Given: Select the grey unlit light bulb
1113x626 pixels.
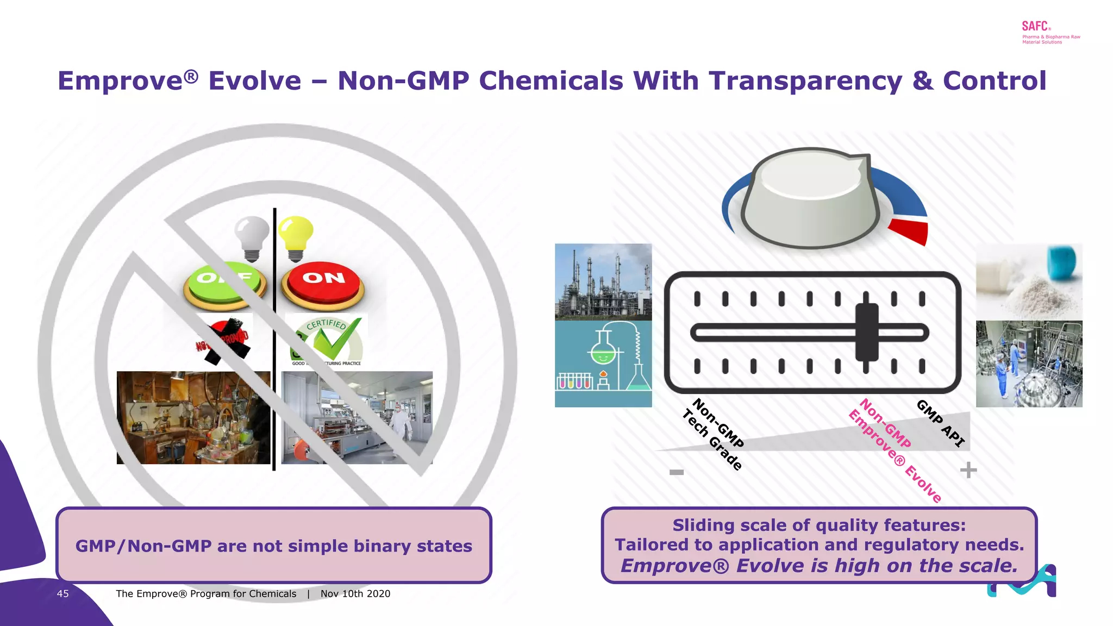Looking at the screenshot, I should coord(252,236).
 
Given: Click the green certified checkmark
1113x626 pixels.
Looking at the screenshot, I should coord(333,340).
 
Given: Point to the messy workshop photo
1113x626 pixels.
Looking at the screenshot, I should coord(193,417).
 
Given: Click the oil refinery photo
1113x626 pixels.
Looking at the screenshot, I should coord(603,281).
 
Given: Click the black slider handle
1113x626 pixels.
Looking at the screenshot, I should coord(866,332).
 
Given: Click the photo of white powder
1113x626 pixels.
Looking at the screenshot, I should coord(1029,281).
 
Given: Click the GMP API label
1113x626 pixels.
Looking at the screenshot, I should coord(941,423).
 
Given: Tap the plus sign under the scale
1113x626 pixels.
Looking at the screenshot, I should coord(968,470).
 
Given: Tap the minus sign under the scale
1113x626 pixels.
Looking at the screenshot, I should coord(677,472).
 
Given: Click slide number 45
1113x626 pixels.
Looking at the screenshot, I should coord(63,594).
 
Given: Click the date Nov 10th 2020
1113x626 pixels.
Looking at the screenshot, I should coord(355,594).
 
